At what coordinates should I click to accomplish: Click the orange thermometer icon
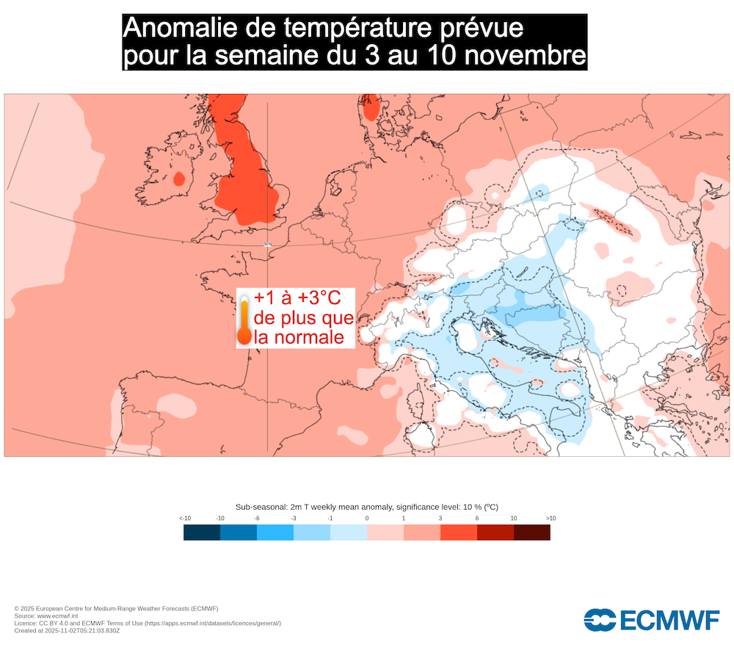pyautogui.click(x=244, y=320)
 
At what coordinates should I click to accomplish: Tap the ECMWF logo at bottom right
pyautogui.click(x=652, y=620)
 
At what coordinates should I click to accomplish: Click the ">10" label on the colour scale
pyautogui.click(x=550, y=519)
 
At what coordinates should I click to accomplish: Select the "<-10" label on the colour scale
pyautogui.click(x=185, y=519)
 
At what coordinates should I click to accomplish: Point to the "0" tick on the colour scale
pyautogui.click(x=367, y=519)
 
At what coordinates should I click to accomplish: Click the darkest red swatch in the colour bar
pyautogui.click(x=532, y=532)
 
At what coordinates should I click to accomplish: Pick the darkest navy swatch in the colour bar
pyautogui.click(x=202, y=532)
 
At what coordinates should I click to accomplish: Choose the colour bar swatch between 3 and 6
pyautogui.click(x=459, y=532)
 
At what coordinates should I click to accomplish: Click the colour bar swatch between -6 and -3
pyautogui.click(x=275, y=532)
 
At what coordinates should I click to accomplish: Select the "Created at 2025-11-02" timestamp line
pyautogui.click(x=67, y=630)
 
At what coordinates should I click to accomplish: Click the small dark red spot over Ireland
pyautogui.click(x=178, y=178)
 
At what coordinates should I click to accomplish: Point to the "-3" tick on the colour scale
pyautogui.click(x=294, y=519)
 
